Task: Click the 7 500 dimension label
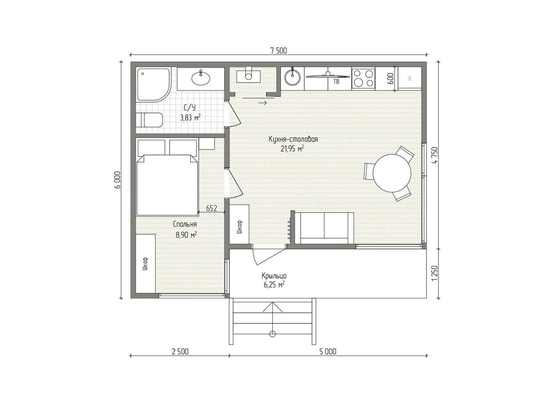click(278, 51)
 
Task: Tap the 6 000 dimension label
click(117, 180)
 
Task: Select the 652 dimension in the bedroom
click(212, 208)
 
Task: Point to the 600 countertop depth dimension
click(390, 79)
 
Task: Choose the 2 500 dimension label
click(180, 352)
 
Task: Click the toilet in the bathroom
click(149, 120)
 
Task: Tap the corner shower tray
click(153, 85)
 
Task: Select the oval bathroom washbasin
click(201, 78)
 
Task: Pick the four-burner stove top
click(363, 78)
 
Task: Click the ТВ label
click(336, 82)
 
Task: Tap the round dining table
click(392, 172)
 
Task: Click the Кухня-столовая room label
click(293, 139)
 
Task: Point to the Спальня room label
click(185, 224)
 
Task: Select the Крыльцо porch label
click(274, 276)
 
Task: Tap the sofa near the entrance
click(324, 228)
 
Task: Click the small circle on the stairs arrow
click(272, 334)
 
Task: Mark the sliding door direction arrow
click(262, 103)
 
